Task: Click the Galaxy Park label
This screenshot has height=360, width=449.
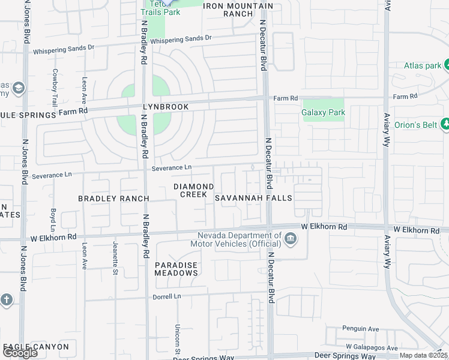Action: pos(323,112)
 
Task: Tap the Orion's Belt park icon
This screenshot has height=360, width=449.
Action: pos(445,124)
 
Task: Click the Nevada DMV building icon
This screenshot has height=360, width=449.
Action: pos(290,239)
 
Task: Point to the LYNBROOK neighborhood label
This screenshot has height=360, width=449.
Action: pos(166,107)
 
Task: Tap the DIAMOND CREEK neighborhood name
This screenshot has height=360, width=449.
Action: pos(193,190)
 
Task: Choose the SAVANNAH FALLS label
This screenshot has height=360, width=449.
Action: pos(253,198)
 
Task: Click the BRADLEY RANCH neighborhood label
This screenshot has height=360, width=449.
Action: pos(113,198)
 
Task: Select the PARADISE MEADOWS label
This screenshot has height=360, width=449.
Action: pos(176,269)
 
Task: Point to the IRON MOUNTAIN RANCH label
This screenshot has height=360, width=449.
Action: pos(238,10)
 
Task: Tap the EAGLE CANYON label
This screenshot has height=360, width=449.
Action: pos(36,347)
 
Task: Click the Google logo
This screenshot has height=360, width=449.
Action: pos(20,353)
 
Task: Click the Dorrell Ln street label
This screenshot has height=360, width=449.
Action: pos(167,296)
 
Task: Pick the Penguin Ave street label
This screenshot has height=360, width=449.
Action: pos(361,329)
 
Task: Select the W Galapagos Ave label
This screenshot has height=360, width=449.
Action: pos(371,348)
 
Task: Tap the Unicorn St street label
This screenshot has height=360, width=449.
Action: pos(178,336)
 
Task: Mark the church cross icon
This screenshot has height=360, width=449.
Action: pos(6,299)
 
